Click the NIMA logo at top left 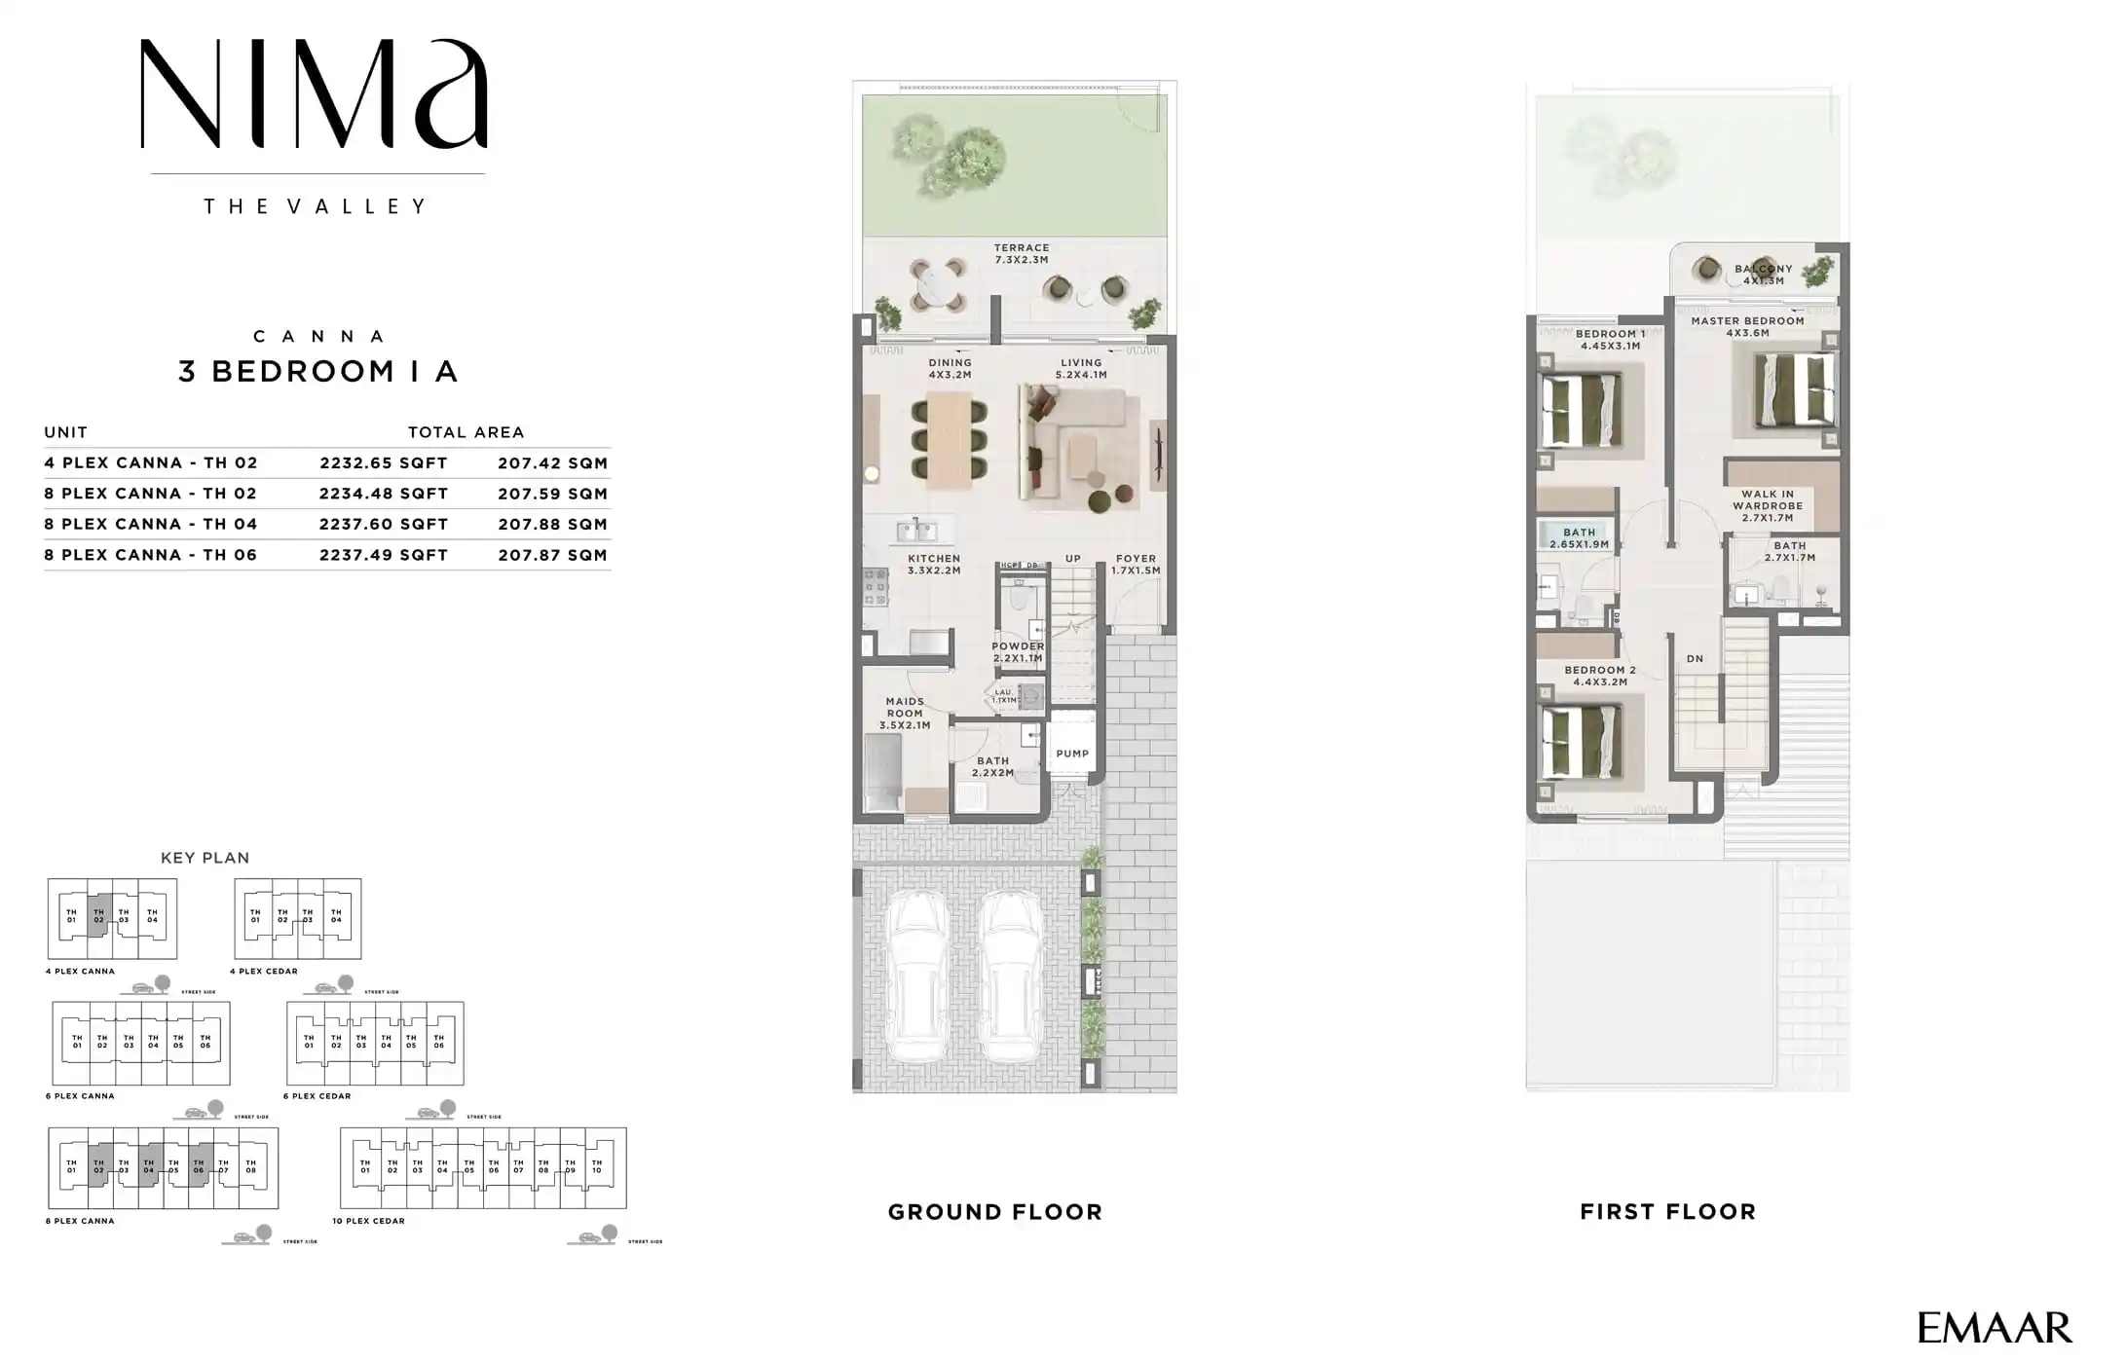click(314, 94)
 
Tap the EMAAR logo click(1995, 1328)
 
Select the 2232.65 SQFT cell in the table click(384, 463)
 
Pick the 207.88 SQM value click(552, 524)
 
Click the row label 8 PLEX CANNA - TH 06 click(151, 555)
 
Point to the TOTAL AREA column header click(466, 432)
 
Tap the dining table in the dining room click(949, 440)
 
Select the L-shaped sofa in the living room click(1076, 442)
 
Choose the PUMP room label click(1072, 754)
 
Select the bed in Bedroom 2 click(1580, 742)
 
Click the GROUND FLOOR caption click(994, 1212)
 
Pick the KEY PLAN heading click(205, 858)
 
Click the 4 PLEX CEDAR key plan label click(264, 971)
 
